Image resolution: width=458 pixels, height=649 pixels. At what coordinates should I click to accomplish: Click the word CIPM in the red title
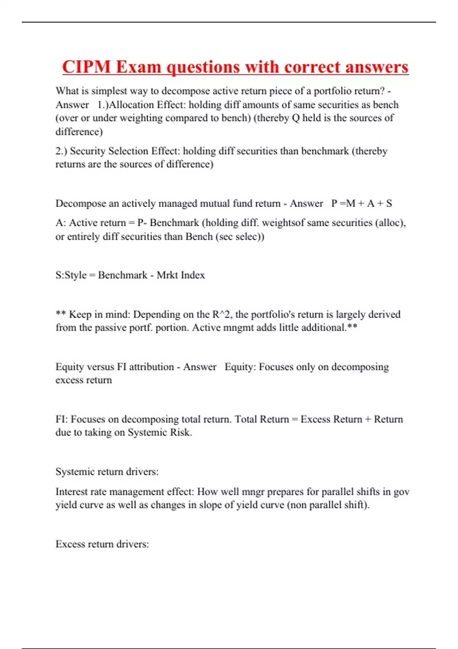[86, 67]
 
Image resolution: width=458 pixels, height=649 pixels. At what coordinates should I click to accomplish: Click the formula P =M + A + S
[361, 203]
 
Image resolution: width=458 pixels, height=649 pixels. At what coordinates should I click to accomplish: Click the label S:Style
[71, 275]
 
